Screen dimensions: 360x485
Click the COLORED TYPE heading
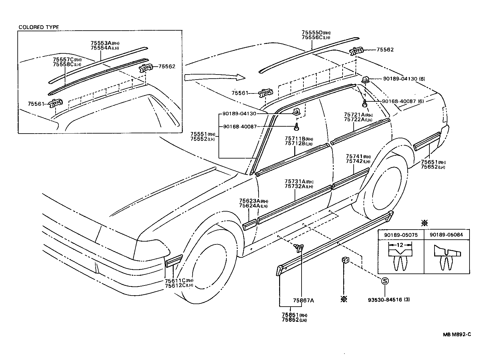point(39,27)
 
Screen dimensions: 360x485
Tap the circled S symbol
point(385,281)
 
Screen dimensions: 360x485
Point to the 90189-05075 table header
point(400,235)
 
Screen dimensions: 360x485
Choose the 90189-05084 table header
point(446,235)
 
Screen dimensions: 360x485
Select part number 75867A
point(303,300)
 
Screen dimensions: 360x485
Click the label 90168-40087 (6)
point(403,101)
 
